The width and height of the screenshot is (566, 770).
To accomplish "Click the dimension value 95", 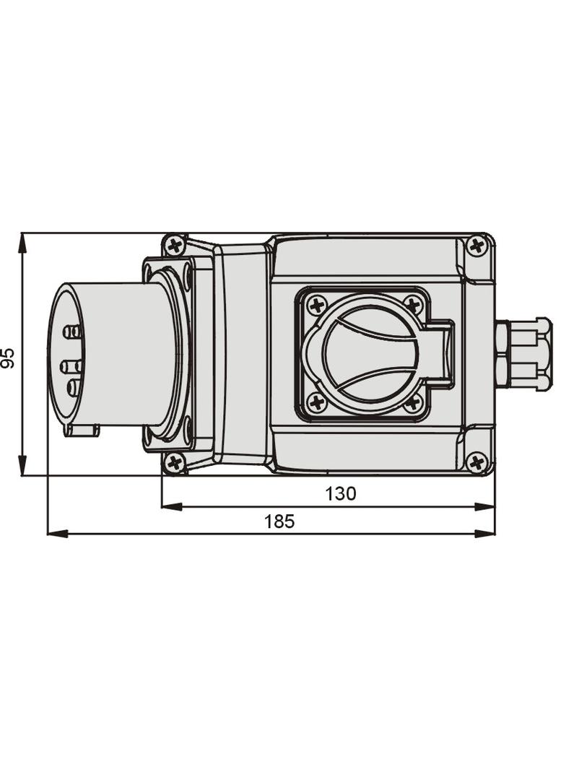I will [x=8, y=358].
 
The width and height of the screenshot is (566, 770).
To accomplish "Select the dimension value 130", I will [x=340, y=493].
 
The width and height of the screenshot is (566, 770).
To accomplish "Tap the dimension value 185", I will [x=279, y=521].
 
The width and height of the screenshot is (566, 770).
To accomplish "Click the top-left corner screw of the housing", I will [x=174, y=246].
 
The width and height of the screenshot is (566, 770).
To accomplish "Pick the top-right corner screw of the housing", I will [x=476, y=246].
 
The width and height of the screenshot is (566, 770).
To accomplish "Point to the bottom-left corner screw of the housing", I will [x=174, y=462].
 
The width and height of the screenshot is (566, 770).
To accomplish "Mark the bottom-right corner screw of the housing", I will [x=476, y=462].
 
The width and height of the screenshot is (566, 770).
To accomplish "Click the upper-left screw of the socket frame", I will [x=316, y=305].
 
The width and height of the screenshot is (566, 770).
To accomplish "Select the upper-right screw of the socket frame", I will [x=413, y=305].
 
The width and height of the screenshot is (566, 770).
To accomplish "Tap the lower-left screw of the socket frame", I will [x=316, y=402].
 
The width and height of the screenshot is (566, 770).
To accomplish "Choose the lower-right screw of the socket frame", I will [x=413, y=402].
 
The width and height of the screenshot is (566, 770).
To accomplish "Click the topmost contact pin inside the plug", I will [x=71, y=332].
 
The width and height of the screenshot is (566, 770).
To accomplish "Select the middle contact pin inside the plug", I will [x=70, y=366].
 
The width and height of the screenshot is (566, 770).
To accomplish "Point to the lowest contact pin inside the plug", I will [x=73, y=388].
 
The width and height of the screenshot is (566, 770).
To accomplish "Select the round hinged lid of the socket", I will [x=370, y=354].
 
